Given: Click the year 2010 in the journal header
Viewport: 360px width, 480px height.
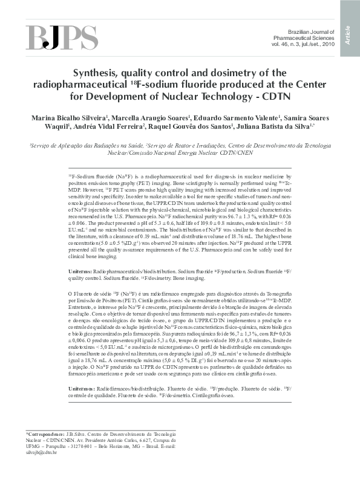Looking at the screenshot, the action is point(326,44).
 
